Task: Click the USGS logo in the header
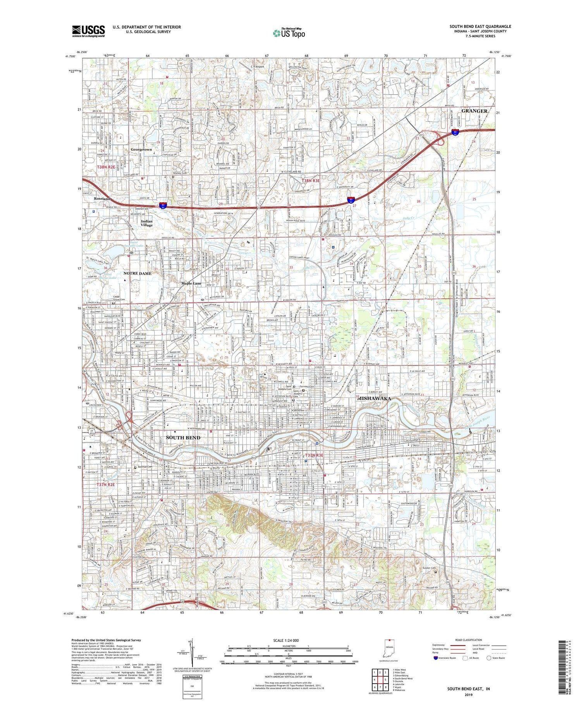(x=88, y=31)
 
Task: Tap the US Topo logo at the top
(x=289, y=33)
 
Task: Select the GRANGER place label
(x=474, y=111)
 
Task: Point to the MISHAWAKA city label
(x=374, y=398)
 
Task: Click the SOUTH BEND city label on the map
(x=183, y=437)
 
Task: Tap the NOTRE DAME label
(x=138, y=273)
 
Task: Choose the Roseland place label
(x=102, y=199)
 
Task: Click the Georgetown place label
(x=141, y=149)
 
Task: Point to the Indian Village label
(x=147, y=223)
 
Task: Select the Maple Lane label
(x=192, y=283)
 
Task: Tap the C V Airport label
(x=257, y=67)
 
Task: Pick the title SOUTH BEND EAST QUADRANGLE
(x=480, y=26)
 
